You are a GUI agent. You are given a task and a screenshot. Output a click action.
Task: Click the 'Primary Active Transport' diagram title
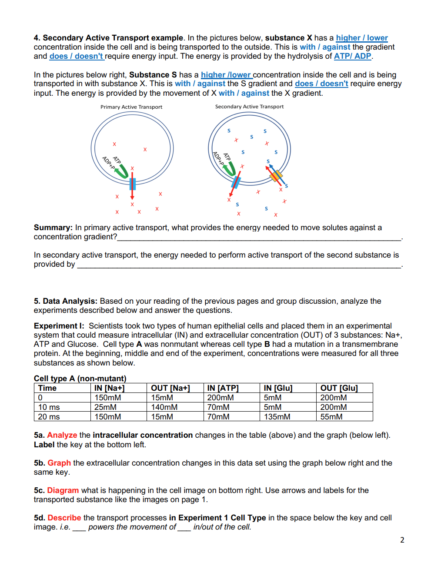click(x=131, y=107)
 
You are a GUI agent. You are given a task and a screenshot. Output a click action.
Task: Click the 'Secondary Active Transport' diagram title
click(x=249, y=107)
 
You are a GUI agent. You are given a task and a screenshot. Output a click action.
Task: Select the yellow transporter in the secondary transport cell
click(x=276, y=176)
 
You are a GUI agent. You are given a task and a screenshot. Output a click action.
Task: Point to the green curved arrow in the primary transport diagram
click(x=121, y=171)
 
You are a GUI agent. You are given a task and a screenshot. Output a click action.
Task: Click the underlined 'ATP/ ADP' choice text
click(x=352, y=56)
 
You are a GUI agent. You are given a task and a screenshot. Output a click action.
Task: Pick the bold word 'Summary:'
click(x=53, y=228)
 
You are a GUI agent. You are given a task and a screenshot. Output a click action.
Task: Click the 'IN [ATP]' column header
click(x=223, y=388)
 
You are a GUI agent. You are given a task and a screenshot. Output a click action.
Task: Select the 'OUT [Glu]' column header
click(x=339, y=388)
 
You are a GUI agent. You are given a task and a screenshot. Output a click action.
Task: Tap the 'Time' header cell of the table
click(x=47, y=388)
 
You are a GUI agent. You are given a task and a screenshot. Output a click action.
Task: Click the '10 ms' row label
click(x=49, y=407)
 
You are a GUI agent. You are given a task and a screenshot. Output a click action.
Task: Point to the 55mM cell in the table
click(x=331, y=417)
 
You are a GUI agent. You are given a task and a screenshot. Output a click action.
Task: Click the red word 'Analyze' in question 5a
click(x=62, y=435)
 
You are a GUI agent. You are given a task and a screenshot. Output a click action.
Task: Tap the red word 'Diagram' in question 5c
click(x=63, y=490)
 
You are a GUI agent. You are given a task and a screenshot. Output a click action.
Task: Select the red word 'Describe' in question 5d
click(x=64, y=518)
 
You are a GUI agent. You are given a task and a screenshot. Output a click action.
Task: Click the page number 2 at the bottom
click(x=402, y=540)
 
